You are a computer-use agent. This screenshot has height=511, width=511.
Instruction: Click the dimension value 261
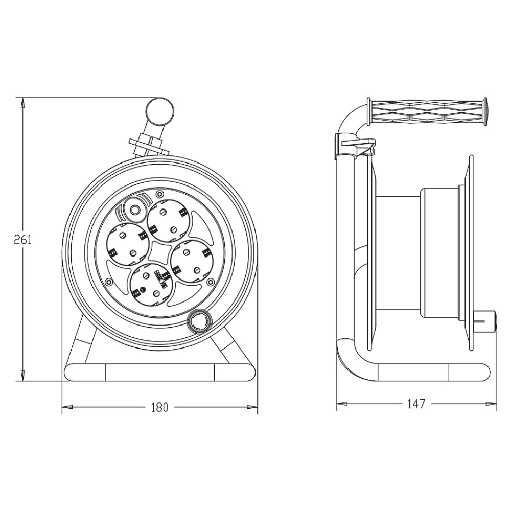pos(23,240)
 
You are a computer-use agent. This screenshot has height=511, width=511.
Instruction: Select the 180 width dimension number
pos(159,407)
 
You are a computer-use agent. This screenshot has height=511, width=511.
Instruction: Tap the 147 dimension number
pos(416,404)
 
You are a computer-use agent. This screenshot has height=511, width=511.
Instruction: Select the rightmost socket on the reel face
pos(191,261)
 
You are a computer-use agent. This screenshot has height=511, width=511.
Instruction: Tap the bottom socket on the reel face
pos(151,285)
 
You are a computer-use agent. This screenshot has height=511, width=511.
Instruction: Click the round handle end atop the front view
pos(159,111)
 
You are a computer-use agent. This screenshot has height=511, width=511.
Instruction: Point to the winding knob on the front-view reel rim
pos(200,321)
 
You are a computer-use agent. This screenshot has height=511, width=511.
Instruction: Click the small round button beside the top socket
pos(134,210)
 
